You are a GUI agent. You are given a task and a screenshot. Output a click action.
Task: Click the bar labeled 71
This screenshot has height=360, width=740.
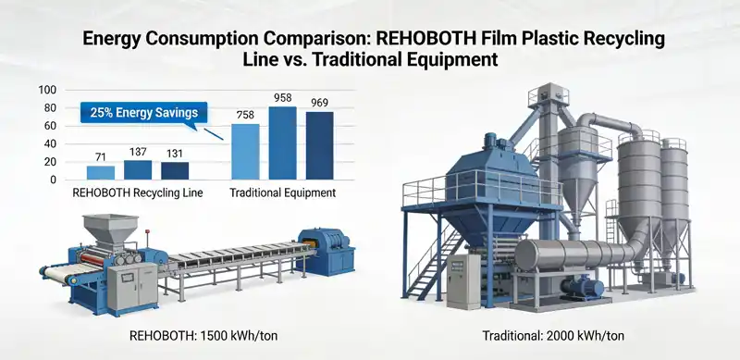coord(101,172)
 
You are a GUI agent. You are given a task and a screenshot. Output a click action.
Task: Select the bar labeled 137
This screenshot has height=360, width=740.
coord(138,169)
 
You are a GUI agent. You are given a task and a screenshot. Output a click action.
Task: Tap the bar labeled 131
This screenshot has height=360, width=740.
coord(175,170)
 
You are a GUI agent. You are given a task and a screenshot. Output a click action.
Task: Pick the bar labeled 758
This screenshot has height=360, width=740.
coord(245,152)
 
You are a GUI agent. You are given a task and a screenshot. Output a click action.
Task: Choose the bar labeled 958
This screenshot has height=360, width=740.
coord(282,143)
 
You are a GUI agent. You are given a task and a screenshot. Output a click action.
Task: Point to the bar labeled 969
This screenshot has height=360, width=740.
coord(319,145)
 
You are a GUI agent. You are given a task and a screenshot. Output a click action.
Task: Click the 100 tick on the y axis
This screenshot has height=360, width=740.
coord(48,91)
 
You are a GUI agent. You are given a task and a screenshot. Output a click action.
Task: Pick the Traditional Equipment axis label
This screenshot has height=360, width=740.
coord(282,193)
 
